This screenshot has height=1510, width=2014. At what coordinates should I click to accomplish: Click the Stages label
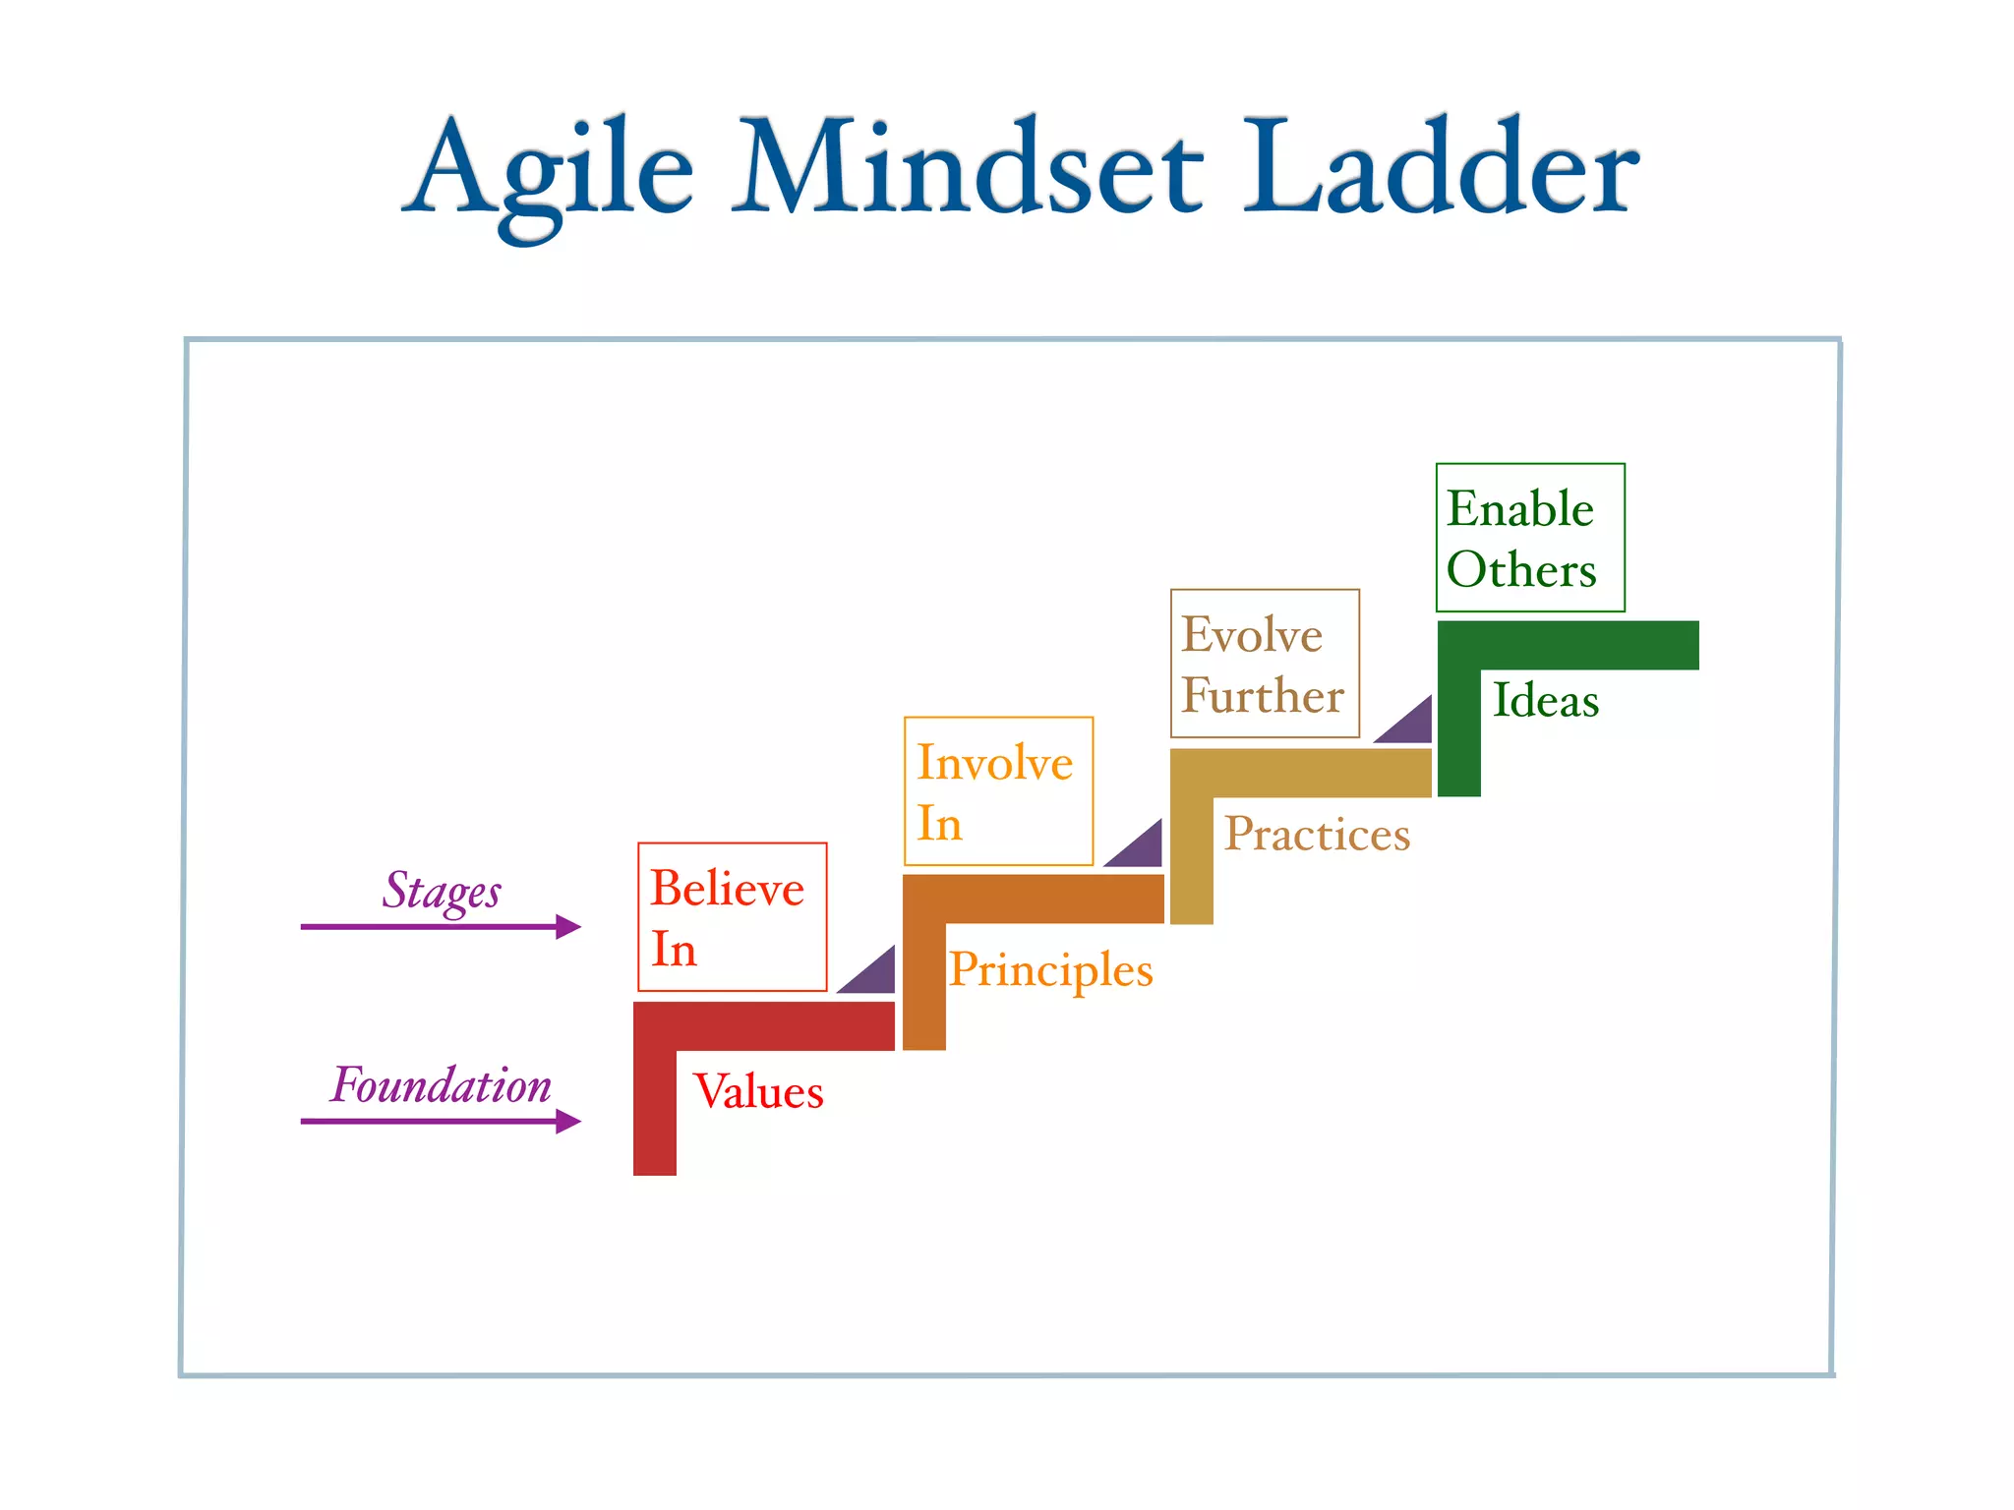(442, 891)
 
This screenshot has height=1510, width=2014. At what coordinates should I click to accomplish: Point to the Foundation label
(441, 1085)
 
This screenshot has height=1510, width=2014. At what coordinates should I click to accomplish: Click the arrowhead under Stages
(567, 926)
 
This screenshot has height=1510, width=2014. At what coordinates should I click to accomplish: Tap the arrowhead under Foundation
(567, 1121)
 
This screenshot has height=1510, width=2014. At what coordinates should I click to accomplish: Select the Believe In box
(732, 916)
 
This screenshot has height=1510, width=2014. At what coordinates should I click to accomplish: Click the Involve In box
(998, 791)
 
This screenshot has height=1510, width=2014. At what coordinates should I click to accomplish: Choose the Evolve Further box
(1265, 664)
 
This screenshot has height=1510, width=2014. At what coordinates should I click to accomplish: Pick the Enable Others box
(1530, 538)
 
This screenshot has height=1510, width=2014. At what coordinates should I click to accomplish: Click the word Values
(758, 1091)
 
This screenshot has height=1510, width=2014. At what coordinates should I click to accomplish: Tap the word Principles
(1050, 970)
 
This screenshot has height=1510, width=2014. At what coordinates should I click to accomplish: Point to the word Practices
(1317, 834)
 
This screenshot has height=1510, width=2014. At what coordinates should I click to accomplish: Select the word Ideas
(1546, 700)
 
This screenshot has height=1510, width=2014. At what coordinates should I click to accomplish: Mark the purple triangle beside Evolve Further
(1411, 725)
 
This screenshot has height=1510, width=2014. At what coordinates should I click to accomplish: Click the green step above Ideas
(1568, 645)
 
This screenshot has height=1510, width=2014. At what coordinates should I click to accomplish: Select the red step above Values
(764, 1026)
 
